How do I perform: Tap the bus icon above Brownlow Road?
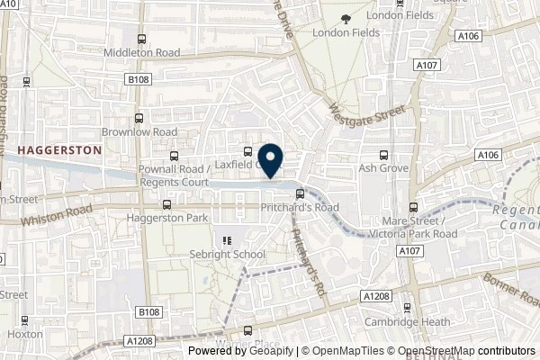pos(139,117)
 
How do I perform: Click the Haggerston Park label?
pos(167,219)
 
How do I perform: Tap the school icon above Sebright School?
pos(226,240)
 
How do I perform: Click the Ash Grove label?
pos(384,168)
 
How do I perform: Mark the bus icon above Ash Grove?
pos(384,154)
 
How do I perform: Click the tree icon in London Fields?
pos(343,18)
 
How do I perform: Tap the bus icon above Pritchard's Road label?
pos(301,193)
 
